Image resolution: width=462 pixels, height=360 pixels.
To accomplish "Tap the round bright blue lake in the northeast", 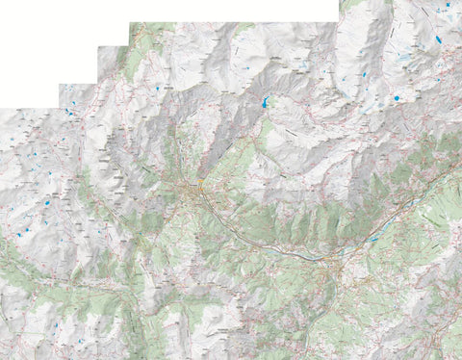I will (x=396, y=98).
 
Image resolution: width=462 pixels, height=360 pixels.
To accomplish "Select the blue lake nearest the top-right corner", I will (x=438, y=39).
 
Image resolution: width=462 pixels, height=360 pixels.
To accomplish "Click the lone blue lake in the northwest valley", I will (x=157, y=88).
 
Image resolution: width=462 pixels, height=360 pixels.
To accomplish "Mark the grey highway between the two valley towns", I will (x=269, y=245).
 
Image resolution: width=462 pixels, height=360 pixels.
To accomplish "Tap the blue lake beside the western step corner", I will (x=68, y=112).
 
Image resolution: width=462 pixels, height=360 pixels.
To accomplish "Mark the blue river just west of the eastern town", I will (x=308, y=256).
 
